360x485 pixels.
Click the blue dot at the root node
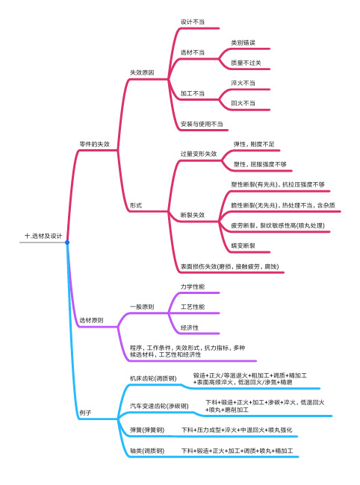[67, 242]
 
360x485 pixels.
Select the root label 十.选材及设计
[43, 236]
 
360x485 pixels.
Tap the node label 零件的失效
[94, 144]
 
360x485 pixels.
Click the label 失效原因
[142, 72]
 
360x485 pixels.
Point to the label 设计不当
[193, 22]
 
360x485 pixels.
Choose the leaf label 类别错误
[243, 43]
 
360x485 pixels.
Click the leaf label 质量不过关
[246, 63]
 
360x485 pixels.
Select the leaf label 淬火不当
[243, 83]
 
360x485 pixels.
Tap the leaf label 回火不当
[243, 103]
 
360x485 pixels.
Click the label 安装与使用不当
[202, 124]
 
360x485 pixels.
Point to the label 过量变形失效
[199, 154]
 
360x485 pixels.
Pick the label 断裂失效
[193, 215]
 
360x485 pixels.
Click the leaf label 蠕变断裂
[243, 245]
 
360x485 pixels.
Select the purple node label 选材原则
[91, 320]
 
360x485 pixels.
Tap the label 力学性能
[193, 287]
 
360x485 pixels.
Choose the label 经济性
[190, 328]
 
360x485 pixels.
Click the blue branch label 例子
[85, 413]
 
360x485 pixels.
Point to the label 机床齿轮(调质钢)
[153, 378]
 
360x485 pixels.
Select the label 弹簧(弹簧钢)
[147, 430]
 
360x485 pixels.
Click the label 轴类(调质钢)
[147, 451]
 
